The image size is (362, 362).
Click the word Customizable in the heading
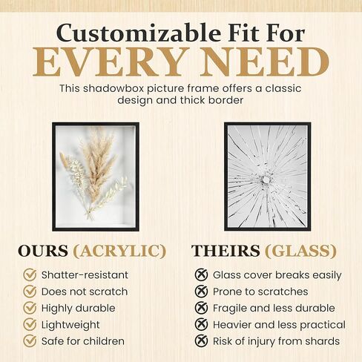[139, 33]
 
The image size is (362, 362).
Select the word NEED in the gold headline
[265, 62]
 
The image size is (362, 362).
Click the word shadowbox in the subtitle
[113, 88]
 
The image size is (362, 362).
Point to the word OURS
[43, 251]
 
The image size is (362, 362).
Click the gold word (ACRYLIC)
[119, 251]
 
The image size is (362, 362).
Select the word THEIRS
[226, 251]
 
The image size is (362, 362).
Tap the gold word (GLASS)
[300, 251]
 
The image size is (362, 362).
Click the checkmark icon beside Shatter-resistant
[30, 274]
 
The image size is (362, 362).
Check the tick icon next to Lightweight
[30, 324]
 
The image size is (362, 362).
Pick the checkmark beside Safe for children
[30, 341]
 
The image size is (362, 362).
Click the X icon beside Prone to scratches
[201, 292]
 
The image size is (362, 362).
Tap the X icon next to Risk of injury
[201, 341]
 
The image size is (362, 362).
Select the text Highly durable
[78, 309]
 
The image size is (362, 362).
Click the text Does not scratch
[85, 292]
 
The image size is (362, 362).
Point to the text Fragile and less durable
[274, 308]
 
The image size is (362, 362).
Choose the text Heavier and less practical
[279, 325]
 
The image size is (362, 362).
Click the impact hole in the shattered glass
[266, 180]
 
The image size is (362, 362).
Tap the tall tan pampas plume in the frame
[98, 168]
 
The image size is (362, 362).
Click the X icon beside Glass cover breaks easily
[201, 274]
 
